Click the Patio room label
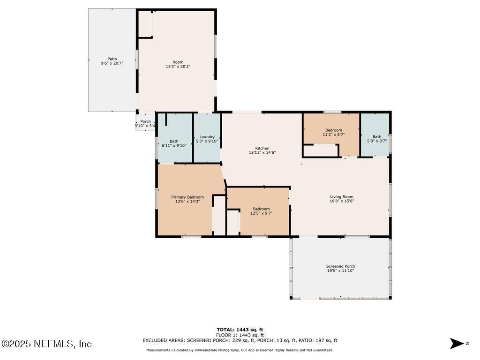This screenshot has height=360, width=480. click(x=112, y=59)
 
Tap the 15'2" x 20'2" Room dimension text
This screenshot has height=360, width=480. click(x=178, y=67)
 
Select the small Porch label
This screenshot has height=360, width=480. click(x=145, y=121)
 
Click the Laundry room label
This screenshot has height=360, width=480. click(x=207, y=137)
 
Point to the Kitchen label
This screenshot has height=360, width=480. click(x=262, y=148)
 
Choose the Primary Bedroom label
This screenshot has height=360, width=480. click(x=187, y=197)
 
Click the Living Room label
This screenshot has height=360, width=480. click(x=342, y=197)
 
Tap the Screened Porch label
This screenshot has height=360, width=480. click(x=340, y=266)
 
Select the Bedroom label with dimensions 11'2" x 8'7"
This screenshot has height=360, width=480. click(x=334, y=130)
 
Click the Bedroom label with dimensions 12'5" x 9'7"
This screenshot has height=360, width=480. click(x=261, y=209)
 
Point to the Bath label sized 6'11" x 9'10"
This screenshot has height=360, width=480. click(x=174, y=141)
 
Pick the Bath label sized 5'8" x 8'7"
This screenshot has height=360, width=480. click(x=377, y=137)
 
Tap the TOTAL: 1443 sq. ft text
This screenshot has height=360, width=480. click(x=240, y=330)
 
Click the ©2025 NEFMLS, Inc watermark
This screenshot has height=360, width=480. click(x=46, y=344)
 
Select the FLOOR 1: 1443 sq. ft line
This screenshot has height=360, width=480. click(x=240, y=335)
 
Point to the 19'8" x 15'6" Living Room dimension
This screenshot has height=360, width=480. click(x=342, y=201)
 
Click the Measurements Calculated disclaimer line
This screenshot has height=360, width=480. click(x=240, y=350)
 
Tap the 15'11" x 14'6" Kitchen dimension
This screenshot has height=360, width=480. click(x=262, y=152)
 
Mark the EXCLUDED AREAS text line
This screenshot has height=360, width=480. click(x=240, y=340)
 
